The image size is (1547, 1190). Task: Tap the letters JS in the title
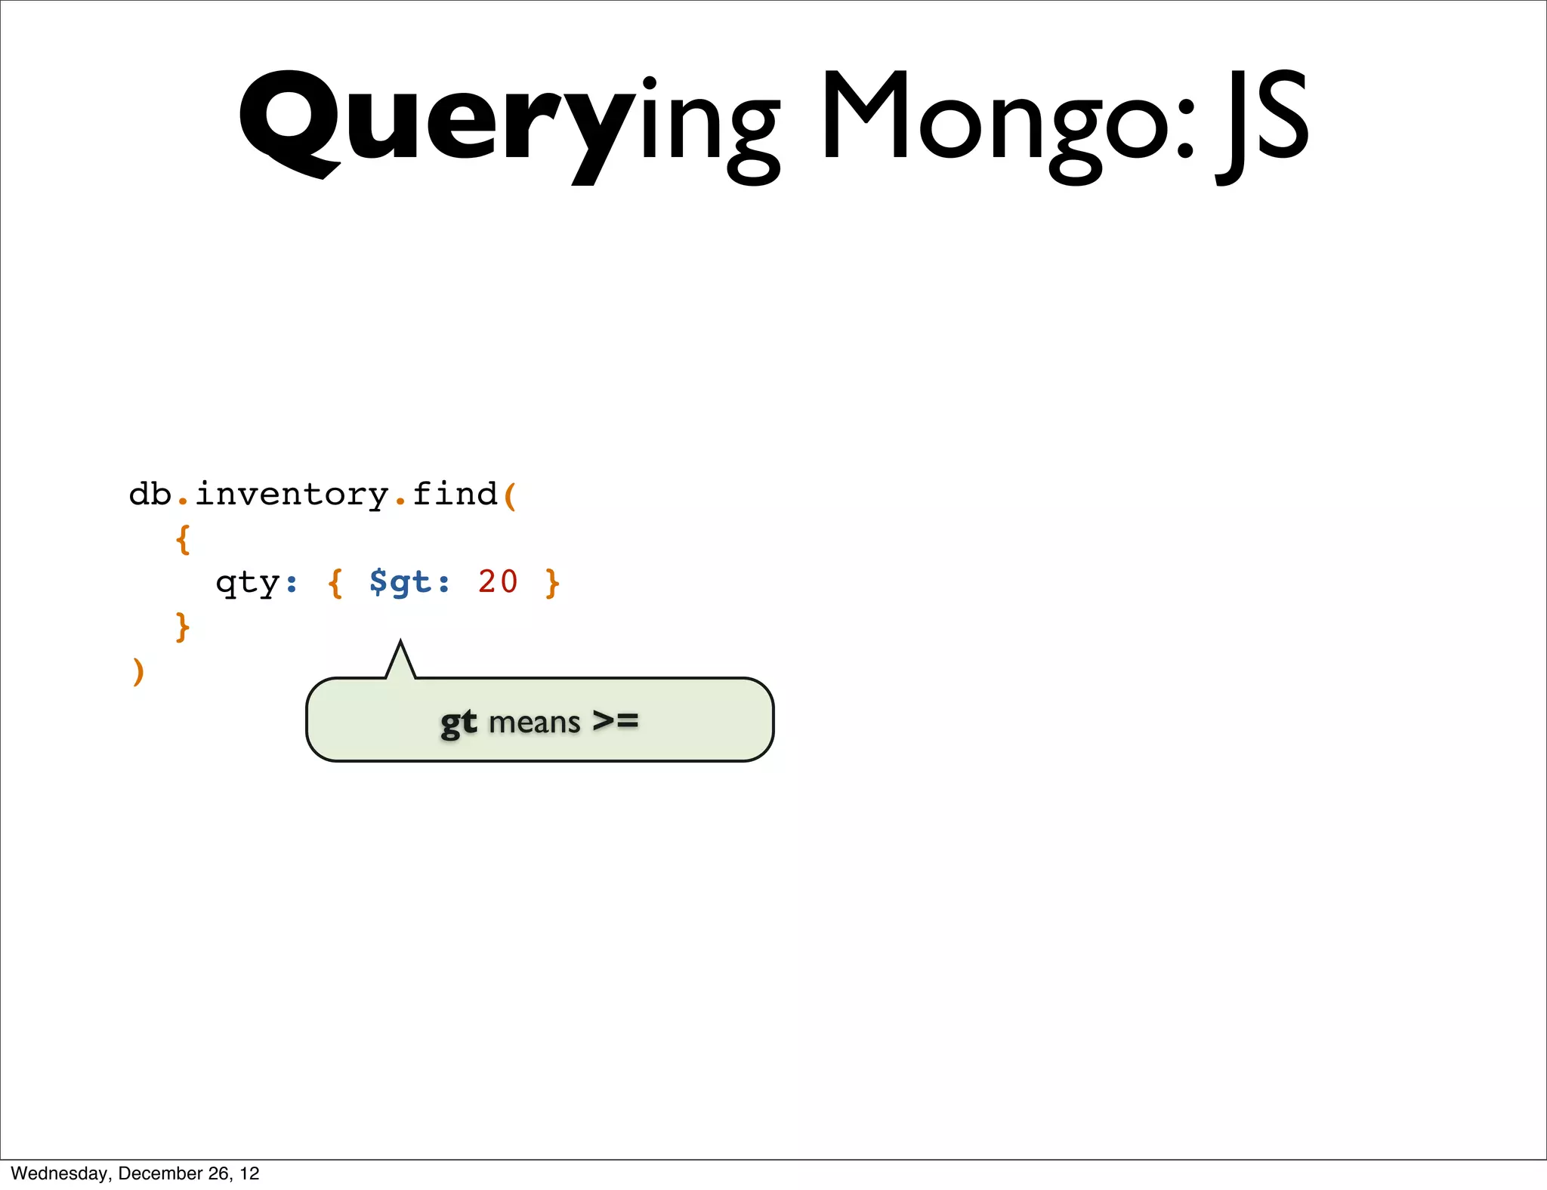coord(1261,121)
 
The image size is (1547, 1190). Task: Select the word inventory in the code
coord(292,495)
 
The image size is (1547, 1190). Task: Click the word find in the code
coord(455,494)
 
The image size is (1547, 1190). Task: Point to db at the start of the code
coord(150,495)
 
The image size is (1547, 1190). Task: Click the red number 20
coord(498,581)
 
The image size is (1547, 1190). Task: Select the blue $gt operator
coord(400,582)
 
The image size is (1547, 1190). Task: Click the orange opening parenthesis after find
coord(510,496)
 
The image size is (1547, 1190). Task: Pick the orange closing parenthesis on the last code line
coord(137,671)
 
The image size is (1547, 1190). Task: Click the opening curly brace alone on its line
coord(182,539)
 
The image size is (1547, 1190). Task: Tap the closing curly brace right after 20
coord(552,583)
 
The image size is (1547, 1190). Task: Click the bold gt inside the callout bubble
coord(459,723)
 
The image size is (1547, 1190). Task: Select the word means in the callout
coord(534,723)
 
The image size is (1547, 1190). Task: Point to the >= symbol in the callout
coord(616,720)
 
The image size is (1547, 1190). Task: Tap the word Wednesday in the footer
coord(59,1173)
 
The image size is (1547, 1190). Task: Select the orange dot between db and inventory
coord(182,501)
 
